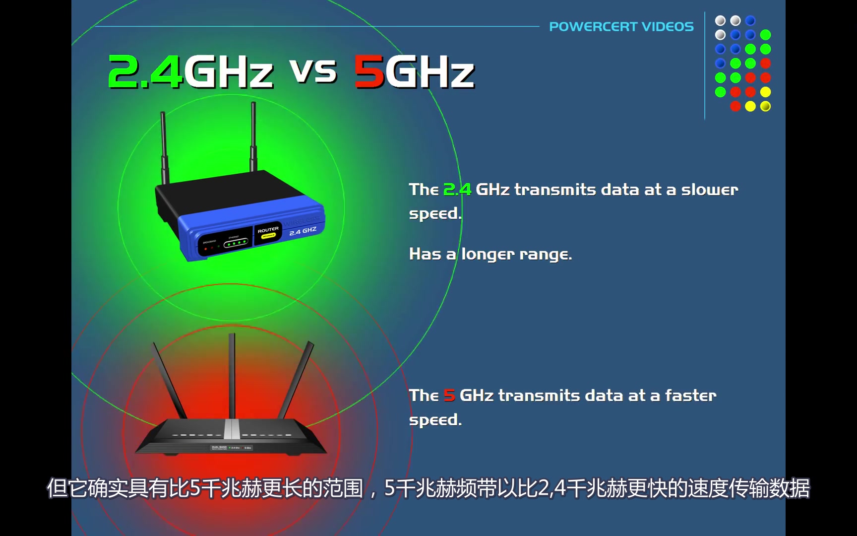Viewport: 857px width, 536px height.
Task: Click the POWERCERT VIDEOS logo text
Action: (x=621, y=26)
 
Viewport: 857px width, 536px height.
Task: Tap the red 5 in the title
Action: (x=369, y=72)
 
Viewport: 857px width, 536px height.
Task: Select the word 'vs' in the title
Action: (x=313, y=71)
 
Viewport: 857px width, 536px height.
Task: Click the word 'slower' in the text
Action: (x=709, y=190)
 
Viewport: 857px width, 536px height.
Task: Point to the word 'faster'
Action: (x=690, y=396)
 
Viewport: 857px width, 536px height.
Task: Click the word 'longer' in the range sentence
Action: (x=488, y=255)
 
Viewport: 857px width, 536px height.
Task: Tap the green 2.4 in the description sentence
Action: (x=457, y=190)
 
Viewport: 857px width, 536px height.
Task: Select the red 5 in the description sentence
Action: (x=449, y=396)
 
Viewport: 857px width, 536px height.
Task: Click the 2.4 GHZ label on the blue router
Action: (x=303, y=231)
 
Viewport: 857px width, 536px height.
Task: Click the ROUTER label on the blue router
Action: (x=268, y=230)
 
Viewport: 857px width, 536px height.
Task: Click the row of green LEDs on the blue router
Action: (x=236, y=243)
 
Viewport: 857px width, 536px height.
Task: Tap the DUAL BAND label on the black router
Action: (x=219, y=447)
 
